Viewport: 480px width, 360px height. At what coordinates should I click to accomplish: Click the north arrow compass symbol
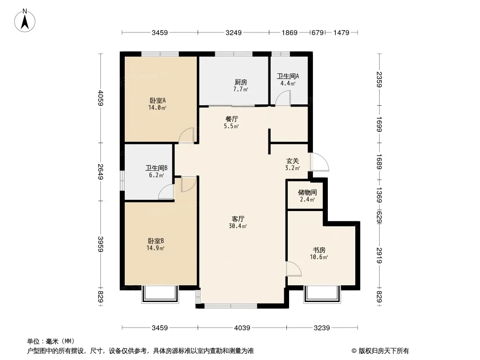coord(25,20)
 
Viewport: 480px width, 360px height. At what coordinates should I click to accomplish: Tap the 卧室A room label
coord(158,100)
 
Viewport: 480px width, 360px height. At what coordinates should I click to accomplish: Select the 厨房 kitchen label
coord(240,82)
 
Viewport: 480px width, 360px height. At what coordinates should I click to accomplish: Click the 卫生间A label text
coord(288,76)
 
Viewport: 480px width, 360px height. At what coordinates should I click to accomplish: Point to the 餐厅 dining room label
coord(231,119)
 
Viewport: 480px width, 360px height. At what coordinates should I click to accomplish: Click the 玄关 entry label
coord(292,161)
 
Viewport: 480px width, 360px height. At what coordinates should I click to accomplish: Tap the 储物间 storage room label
coord(308,193)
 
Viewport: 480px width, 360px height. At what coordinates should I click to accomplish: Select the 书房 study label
coord(319,250)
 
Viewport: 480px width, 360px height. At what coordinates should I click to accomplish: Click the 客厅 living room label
coord(238,219)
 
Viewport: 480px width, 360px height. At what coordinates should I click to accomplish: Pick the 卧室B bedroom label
coord(156,241)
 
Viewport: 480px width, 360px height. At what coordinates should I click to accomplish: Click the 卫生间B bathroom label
coord(156,168)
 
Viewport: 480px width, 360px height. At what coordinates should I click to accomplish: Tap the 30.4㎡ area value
coord(238,226)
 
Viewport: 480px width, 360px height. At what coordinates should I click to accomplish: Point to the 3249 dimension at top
coord(234,32)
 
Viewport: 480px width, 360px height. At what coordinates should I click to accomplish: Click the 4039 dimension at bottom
coord(242,328)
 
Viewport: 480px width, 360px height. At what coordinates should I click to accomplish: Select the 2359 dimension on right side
coord(379,80)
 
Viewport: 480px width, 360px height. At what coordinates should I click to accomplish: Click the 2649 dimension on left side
coord(101,172)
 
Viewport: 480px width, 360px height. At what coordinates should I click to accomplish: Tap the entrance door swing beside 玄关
coord(319,162)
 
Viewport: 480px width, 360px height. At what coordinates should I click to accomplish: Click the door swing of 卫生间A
coord(282,99)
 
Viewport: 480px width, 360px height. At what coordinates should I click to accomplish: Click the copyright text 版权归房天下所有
coord(384,351)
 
